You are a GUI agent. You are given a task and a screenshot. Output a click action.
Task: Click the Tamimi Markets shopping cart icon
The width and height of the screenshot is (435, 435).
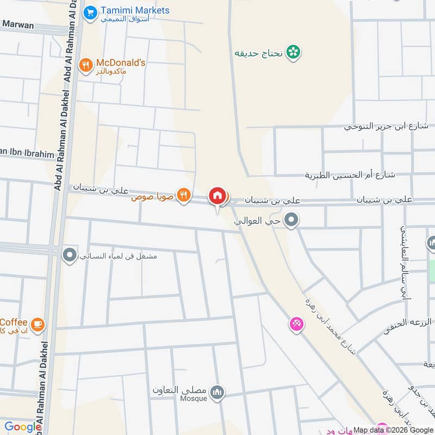point(90,11)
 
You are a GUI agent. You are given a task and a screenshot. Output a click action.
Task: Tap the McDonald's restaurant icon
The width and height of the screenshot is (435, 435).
point(85,66)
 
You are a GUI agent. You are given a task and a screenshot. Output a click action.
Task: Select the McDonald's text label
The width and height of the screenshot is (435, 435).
point(121,63)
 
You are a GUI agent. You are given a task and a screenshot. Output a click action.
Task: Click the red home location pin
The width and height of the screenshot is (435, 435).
point(217,196)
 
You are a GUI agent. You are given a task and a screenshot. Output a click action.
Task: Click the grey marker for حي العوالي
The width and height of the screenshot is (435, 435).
point(292,220)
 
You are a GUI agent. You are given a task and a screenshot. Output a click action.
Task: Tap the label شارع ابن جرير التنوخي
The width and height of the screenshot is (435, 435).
point(387,126)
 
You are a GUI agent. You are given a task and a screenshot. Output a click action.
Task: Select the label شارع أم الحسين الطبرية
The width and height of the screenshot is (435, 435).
point(350,175)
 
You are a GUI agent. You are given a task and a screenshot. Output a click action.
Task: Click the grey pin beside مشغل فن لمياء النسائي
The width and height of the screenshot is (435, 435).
point(69,254)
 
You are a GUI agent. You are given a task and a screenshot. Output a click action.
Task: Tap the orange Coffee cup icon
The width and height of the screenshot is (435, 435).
point(38,325)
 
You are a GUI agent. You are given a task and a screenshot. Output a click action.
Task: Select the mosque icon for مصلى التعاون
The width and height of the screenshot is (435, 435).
point(217,392)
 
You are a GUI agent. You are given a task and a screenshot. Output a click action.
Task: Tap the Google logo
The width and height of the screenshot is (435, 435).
point(23,426)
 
